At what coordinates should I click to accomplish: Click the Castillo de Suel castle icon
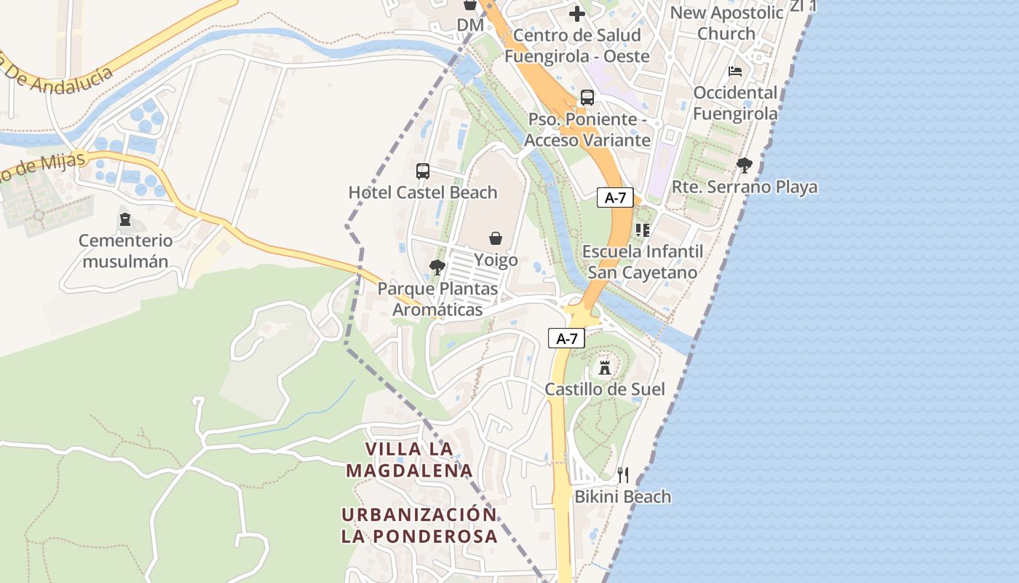pyautogui.click(x=604, y=367)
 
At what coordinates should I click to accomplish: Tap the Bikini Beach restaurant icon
pyautogui.click(x=623, y=475)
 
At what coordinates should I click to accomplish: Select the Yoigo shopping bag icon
pyautogui.click(x=496, y=238)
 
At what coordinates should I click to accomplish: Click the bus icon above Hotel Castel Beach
pyautogui.click(x=422, y=171)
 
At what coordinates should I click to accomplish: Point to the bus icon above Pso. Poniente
pyautogui.click(x=587, y=98)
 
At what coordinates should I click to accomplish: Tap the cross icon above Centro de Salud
pyautogui.click(x=576, y=14)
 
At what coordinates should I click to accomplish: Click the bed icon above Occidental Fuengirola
pyautogui.click(x=735, y=71)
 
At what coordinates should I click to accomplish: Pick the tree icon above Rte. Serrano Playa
pyautogui.click(x=744, y=165)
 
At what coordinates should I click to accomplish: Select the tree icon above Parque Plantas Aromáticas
pyautogui.click(x=437, y=267)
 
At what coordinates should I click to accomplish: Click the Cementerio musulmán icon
pyautogui.click(x=125, y=219)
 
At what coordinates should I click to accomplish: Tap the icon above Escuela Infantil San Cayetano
pyautogui.click(x=642, y=230)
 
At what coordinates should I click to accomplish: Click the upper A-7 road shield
pyautogui.click(x=615, y=197)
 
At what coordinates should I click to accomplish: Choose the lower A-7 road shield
pyautogui.click(x=566, y=338)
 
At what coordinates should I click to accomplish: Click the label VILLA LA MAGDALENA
pyautogui.click(x=409, y=460)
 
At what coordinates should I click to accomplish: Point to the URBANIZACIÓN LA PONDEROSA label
pyautogui.click(x=419, y=525)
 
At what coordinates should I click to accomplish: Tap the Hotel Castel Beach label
pyautogui.click(x=423, y=192)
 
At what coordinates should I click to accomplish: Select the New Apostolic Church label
pyautogui.click(x=726, y=23)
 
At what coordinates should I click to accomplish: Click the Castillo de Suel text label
pyautogui.click(x=605, y=389)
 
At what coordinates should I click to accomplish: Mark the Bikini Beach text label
pyautogui.click(x=623, y=497)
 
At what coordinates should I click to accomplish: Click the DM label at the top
pyautogui.click(x=469, y=26)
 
